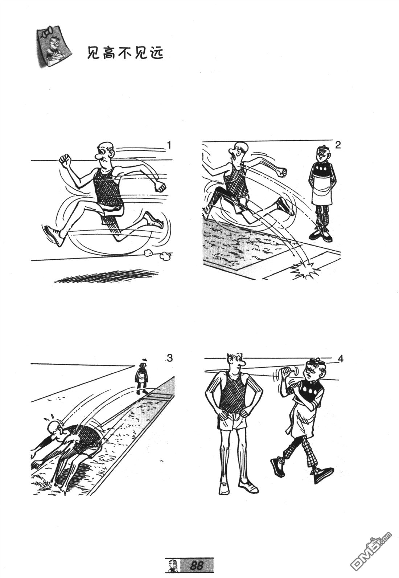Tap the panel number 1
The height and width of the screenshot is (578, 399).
[169, 145]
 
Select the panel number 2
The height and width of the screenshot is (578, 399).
[338, 145]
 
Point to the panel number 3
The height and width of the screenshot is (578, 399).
[169, 358]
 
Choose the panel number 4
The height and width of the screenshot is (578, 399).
[341, 359]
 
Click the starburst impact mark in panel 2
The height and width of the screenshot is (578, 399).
[305, 270]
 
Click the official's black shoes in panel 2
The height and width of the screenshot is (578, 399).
[321, 236]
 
